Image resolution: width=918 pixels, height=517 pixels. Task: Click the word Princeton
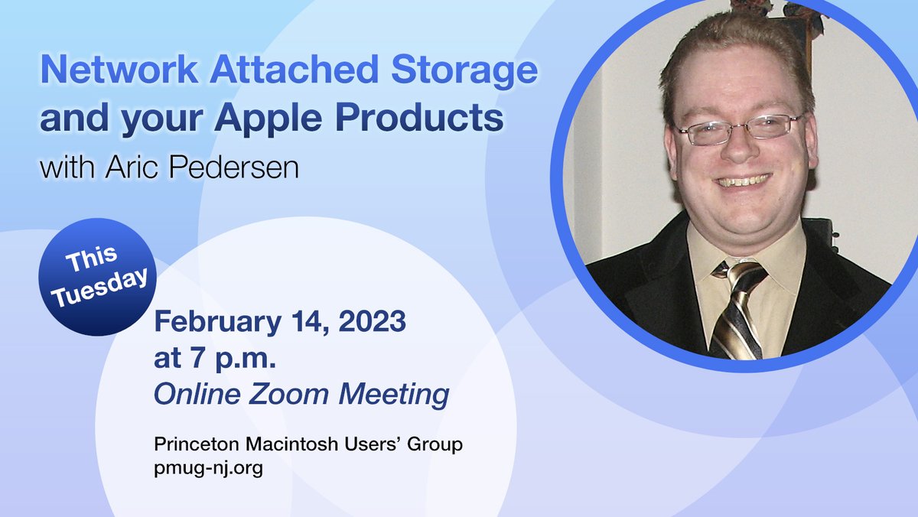[191, 444]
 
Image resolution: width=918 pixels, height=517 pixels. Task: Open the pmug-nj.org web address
[208, 467]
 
